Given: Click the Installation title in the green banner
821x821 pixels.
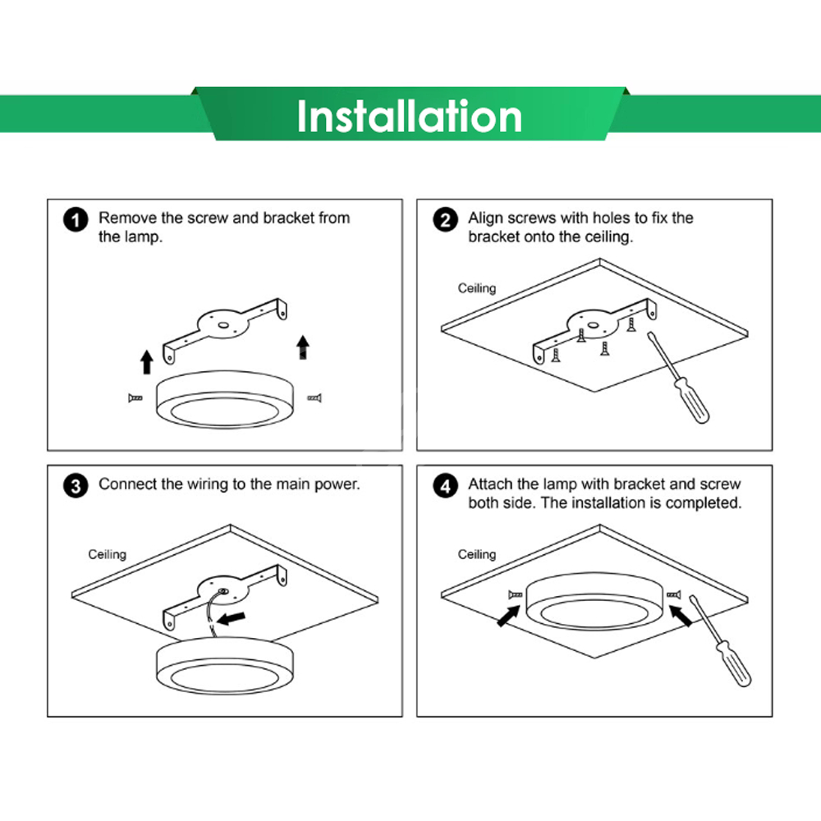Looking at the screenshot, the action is coord(410,117).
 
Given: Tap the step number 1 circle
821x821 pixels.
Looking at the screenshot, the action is coord(76,220).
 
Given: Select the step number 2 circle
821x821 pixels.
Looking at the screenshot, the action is coord(445,220).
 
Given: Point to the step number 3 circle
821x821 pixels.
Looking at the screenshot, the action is coord(76,486).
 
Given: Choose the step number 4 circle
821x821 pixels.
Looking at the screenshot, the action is coord(445,486).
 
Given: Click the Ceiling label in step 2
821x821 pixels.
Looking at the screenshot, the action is coord(476,288).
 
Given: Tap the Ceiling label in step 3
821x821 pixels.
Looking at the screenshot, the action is coord(107,554).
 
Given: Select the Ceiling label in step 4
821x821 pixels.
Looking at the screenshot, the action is coord(476,554).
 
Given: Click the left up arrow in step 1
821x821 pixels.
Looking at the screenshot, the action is coord(147,362).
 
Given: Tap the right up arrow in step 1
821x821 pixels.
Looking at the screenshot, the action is coord(303,347).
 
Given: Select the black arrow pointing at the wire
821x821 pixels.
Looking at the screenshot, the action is coord(231,618).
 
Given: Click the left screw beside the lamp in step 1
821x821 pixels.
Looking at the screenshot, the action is coord(135,398).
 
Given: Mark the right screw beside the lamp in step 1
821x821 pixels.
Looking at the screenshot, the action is coord(314,398).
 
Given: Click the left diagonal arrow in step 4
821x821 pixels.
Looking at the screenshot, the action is coord(508,616).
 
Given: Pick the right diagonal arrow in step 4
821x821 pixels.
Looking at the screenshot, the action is coord(681,616).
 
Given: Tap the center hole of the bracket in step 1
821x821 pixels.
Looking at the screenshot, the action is coord(223,325).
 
